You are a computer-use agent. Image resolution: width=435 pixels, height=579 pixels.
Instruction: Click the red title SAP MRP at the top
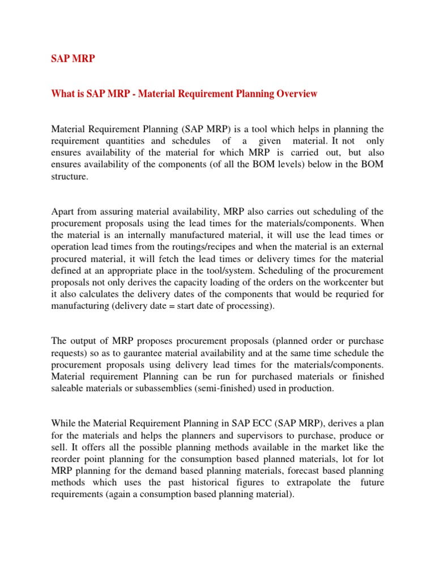point(70,58)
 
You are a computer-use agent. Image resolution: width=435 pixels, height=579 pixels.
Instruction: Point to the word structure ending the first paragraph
point(70,176)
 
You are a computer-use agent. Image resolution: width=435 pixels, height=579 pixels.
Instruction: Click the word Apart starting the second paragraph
point(63,211)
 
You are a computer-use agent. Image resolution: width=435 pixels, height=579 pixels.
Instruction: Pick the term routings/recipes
point(222,247)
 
